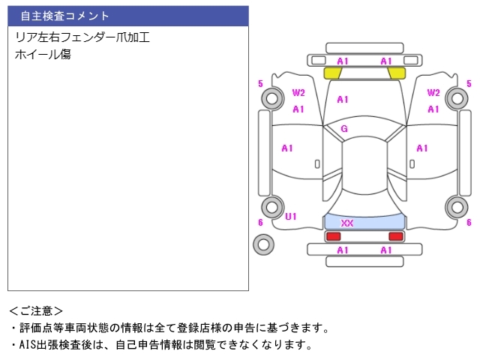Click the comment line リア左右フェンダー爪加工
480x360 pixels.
[x=82, y=37]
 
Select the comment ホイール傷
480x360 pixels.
[x=43, y=54]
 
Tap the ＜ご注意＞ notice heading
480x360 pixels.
[x=36, y=310]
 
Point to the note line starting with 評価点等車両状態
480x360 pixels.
[x=169, y=328]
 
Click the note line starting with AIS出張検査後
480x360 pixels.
[x=160, y=345]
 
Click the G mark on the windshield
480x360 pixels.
[x=344, y=128]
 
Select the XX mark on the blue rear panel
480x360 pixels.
[x=347, y=223]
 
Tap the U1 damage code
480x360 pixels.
[x=291, y=217]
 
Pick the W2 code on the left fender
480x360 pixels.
[x=298, y=93]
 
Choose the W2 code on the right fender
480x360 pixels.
[x=433, y=93]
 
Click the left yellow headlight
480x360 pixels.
[x=332, y=73]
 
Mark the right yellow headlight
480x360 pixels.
[x=397, y=73]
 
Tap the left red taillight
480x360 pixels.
[x=332, y=236]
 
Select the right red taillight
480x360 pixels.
[x=395, y=236]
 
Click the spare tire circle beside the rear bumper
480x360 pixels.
[x=263, y=244]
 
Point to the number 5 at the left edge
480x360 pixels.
[x=260, y=83]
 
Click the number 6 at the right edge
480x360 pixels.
[x=469, y=222]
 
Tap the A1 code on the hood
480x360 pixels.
[x=343, y=99]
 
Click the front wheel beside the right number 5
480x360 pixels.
[x=456, y=97]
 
